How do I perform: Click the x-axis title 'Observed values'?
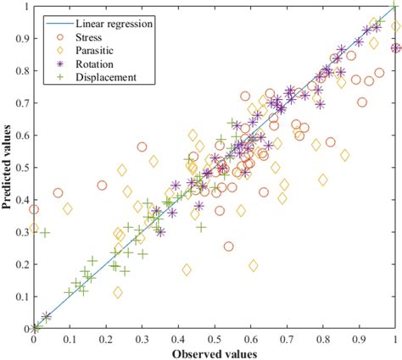coord(214,352)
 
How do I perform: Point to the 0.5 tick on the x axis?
coord(215,329)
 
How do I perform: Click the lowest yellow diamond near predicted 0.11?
coord(117,292)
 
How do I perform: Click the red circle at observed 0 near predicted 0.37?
coord(34,209)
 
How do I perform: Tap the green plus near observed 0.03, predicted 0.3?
coord(44,232)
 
